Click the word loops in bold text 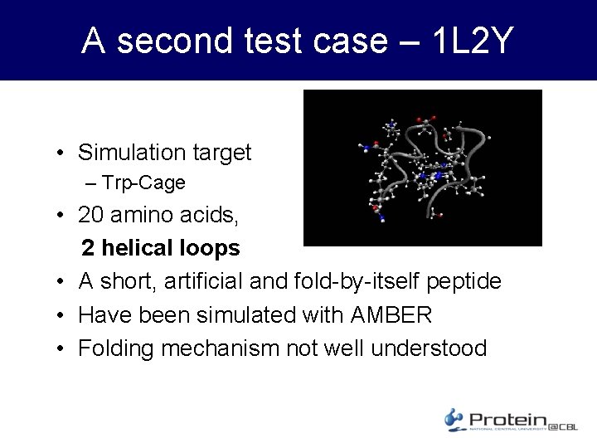click(x=211, y=248)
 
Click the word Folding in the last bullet click(x=117, y=348)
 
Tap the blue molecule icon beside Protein click(x=454, y=419)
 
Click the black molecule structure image click(x=423, y=168)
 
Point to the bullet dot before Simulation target click(x=61, y=153)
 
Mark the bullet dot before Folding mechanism click(x=61, y=348)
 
